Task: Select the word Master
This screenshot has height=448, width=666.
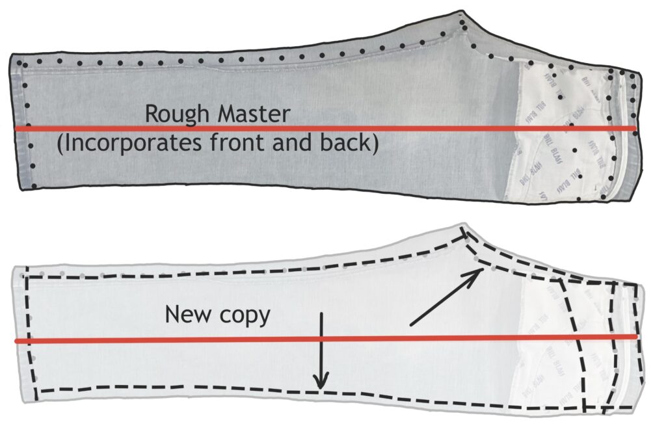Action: click(250, 114)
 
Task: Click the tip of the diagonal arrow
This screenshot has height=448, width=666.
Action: click(481, 269)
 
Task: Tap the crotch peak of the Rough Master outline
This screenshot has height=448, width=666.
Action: click(462, 13)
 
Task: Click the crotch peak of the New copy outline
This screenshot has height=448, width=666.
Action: click(462, 228)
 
